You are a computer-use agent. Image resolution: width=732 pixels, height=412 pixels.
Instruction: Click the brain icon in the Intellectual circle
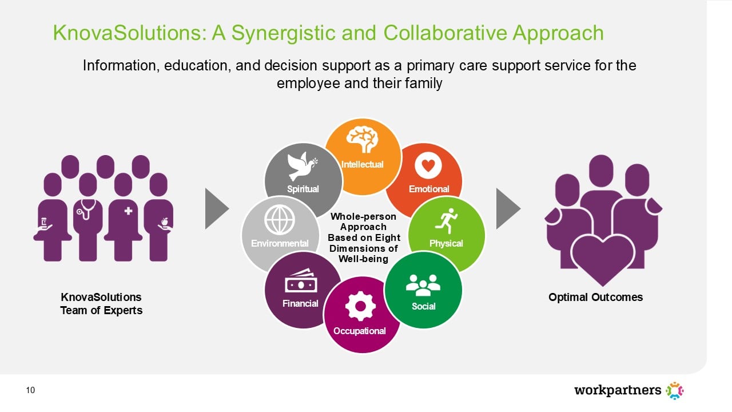tap(363, 139)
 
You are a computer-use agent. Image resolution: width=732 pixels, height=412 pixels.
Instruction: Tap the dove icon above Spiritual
tap(302, 166)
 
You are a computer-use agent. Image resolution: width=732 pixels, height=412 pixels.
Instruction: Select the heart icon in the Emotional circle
tap(428, 165)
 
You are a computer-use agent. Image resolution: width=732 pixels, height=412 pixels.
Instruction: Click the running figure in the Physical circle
tap(447, 221)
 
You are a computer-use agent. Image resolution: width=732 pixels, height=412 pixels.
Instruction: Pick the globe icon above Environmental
tap(280, 220)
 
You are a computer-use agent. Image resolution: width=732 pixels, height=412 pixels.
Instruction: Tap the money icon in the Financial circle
tap(301, 280)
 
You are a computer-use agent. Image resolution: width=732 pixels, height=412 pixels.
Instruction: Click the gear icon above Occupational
tap(360, 306)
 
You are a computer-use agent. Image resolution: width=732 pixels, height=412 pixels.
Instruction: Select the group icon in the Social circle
tap(423, 285)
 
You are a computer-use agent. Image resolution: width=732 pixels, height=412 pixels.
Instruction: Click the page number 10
tap(30, 390)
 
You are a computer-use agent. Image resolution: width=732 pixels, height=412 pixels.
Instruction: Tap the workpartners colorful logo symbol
tap(674, 390)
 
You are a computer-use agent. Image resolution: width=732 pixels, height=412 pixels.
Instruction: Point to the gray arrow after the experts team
tap(217, 209)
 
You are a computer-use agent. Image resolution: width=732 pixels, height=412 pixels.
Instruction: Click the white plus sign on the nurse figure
tap(129, 211)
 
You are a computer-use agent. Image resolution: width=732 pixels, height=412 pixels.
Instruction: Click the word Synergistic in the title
tap(284, 33)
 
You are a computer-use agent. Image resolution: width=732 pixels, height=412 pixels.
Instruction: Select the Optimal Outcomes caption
tap(595, 297)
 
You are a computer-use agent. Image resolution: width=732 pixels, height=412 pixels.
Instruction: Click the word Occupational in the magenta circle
tap(360, 331)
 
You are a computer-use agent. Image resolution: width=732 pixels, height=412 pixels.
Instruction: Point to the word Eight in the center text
tap(388, 237)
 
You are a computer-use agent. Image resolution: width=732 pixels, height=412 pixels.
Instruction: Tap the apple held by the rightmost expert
tap(164, 221)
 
